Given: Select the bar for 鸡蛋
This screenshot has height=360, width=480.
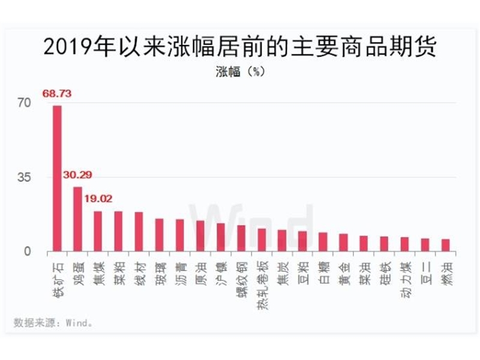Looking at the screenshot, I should point(77,218).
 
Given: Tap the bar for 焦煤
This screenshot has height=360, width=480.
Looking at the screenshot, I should point(98,230).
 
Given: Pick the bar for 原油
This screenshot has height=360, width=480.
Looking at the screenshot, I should point(200,235).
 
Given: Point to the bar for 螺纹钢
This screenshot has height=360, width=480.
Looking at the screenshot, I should point(241,238).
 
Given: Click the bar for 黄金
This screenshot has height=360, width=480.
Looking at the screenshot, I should point(343,242).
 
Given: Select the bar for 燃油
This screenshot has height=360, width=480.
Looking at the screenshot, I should point(445,245).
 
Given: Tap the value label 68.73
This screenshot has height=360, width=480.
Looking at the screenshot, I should point(58,94).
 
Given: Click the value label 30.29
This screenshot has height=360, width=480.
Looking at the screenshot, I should point(78,175).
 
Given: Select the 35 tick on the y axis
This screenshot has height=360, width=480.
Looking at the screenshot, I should point(23,177).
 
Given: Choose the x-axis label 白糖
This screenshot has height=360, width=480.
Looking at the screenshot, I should point(323,271).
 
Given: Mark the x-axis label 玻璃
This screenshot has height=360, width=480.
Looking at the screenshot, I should point(159,271).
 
